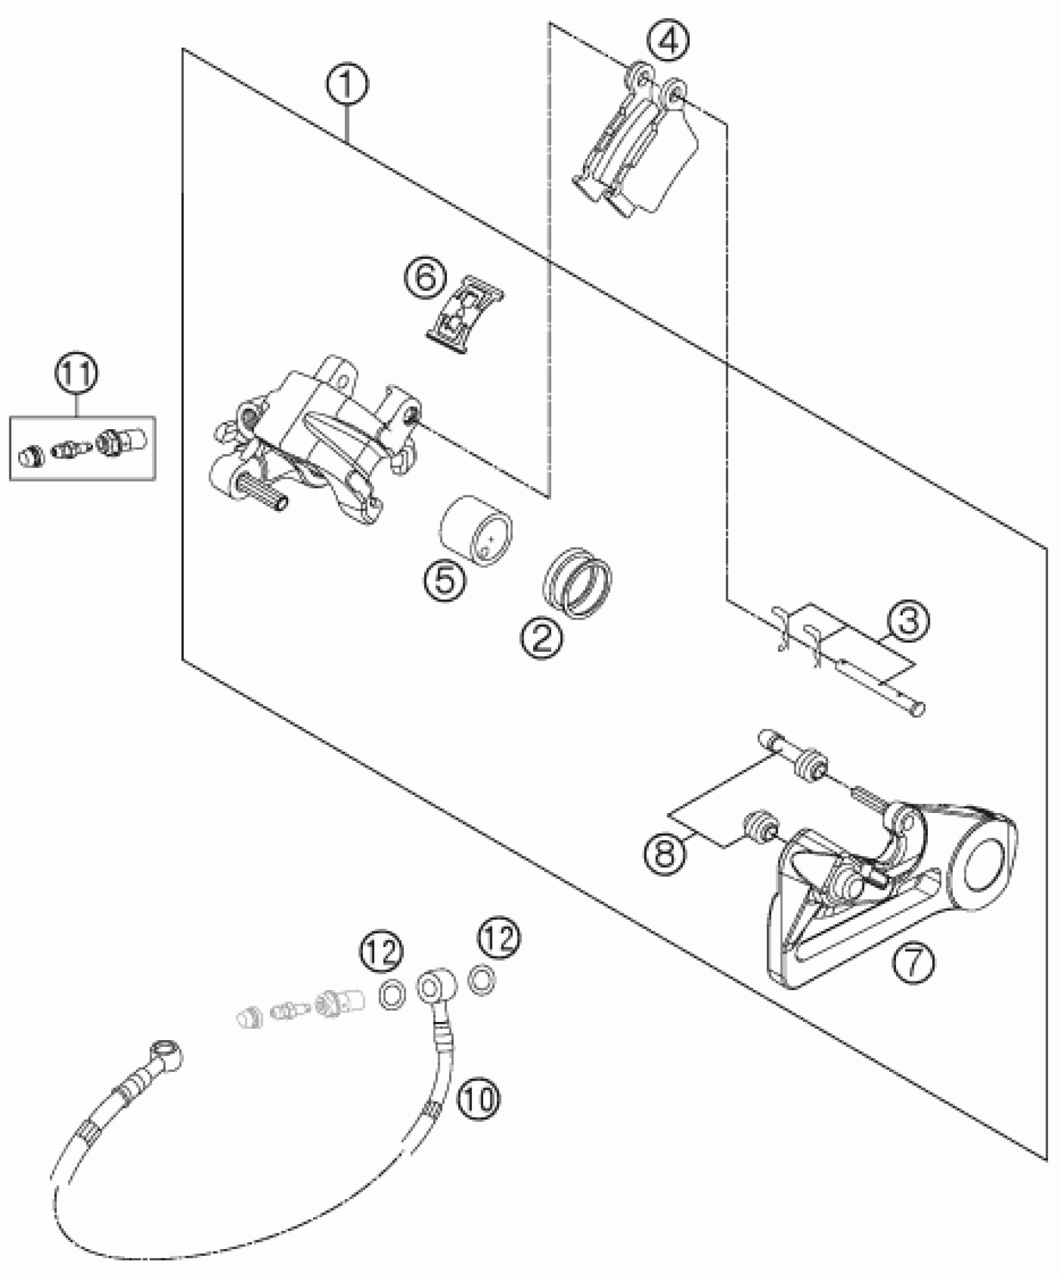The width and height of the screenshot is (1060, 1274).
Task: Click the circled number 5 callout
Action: (444, 580)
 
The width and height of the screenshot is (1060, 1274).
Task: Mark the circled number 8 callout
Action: (665, 853)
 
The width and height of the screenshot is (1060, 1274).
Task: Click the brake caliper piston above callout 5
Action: (476, 529)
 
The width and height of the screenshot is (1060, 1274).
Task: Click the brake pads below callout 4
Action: (636, 150)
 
